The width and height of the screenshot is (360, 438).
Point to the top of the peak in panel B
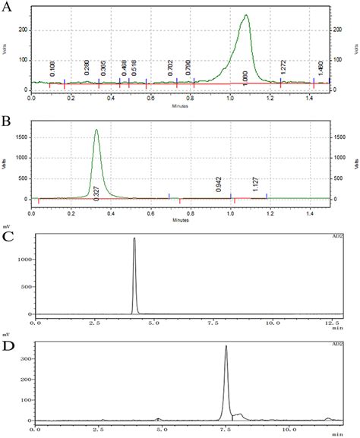pos(96,130)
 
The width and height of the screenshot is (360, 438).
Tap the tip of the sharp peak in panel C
pos(134,238)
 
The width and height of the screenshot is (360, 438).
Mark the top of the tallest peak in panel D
pos(226,346)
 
